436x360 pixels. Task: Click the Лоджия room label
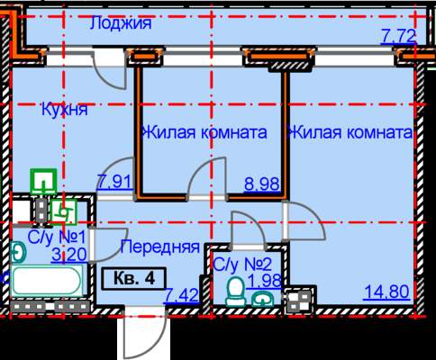[x=121, y=22]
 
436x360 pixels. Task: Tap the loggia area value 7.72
[x=399, y=36]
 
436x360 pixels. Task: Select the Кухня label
[x=65, y=109]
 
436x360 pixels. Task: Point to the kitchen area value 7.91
[x=114, y=182]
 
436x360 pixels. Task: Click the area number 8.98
[x=262, y=184]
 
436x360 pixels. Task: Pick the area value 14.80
[x=386, y=292]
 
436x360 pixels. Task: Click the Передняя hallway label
[x=159, y=247]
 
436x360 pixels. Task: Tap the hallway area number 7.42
[x=181, y=295]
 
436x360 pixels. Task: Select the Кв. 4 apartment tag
[x=134, y=278]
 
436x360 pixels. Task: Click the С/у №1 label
[x=57, y=238]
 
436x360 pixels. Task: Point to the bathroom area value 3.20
[x=69, y=255]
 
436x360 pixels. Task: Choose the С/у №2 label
[x=242, y=264]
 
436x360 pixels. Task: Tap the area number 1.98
[x=263, y=281]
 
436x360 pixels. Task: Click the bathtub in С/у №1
[x=47, y=281]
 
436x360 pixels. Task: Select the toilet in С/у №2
[x=236, y=291]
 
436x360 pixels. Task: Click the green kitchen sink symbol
[x=44, y=182]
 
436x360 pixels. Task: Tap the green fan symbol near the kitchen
[x=64, y=212]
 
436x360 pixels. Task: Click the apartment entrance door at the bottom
[x=146, y=336]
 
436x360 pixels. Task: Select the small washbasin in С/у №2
[x=262, y=299]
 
